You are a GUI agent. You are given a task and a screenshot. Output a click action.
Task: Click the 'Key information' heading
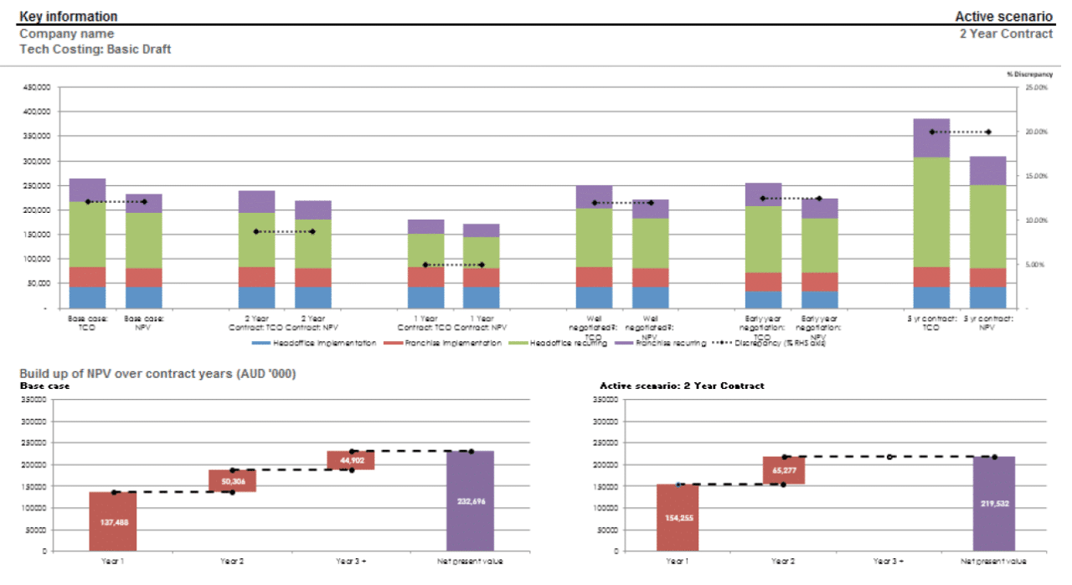tap(68, 17)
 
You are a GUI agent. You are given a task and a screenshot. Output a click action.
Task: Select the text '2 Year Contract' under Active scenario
tap(1006, 34)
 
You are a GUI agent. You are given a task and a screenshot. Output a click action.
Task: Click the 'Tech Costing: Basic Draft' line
tap(95, 49)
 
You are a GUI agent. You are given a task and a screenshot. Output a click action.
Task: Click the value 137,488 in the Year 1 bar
tap(113, 521)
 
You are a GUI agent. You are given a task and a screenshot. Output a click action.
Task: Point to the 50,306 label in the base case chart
tap(232, 482)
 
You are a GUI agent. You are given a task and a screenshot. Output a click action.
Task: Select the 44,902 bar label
tap(350, 460)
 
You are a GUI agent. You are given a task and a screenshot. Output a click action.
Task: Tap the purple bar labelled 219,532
tap(994, 504)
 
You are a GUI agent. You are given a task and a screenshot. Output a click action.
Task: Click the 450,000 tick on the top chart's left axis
tap(38, 87)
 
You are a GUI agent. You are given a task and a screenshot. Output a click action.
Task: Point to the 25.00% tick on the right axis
tap(1036, 87)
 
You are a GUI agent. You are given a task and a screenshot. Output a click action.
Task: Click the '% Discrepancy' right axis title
tap(1029, 75)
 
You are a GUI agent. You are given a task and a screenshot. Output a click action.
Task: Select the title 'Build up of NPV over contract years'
tap(157, 373)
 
